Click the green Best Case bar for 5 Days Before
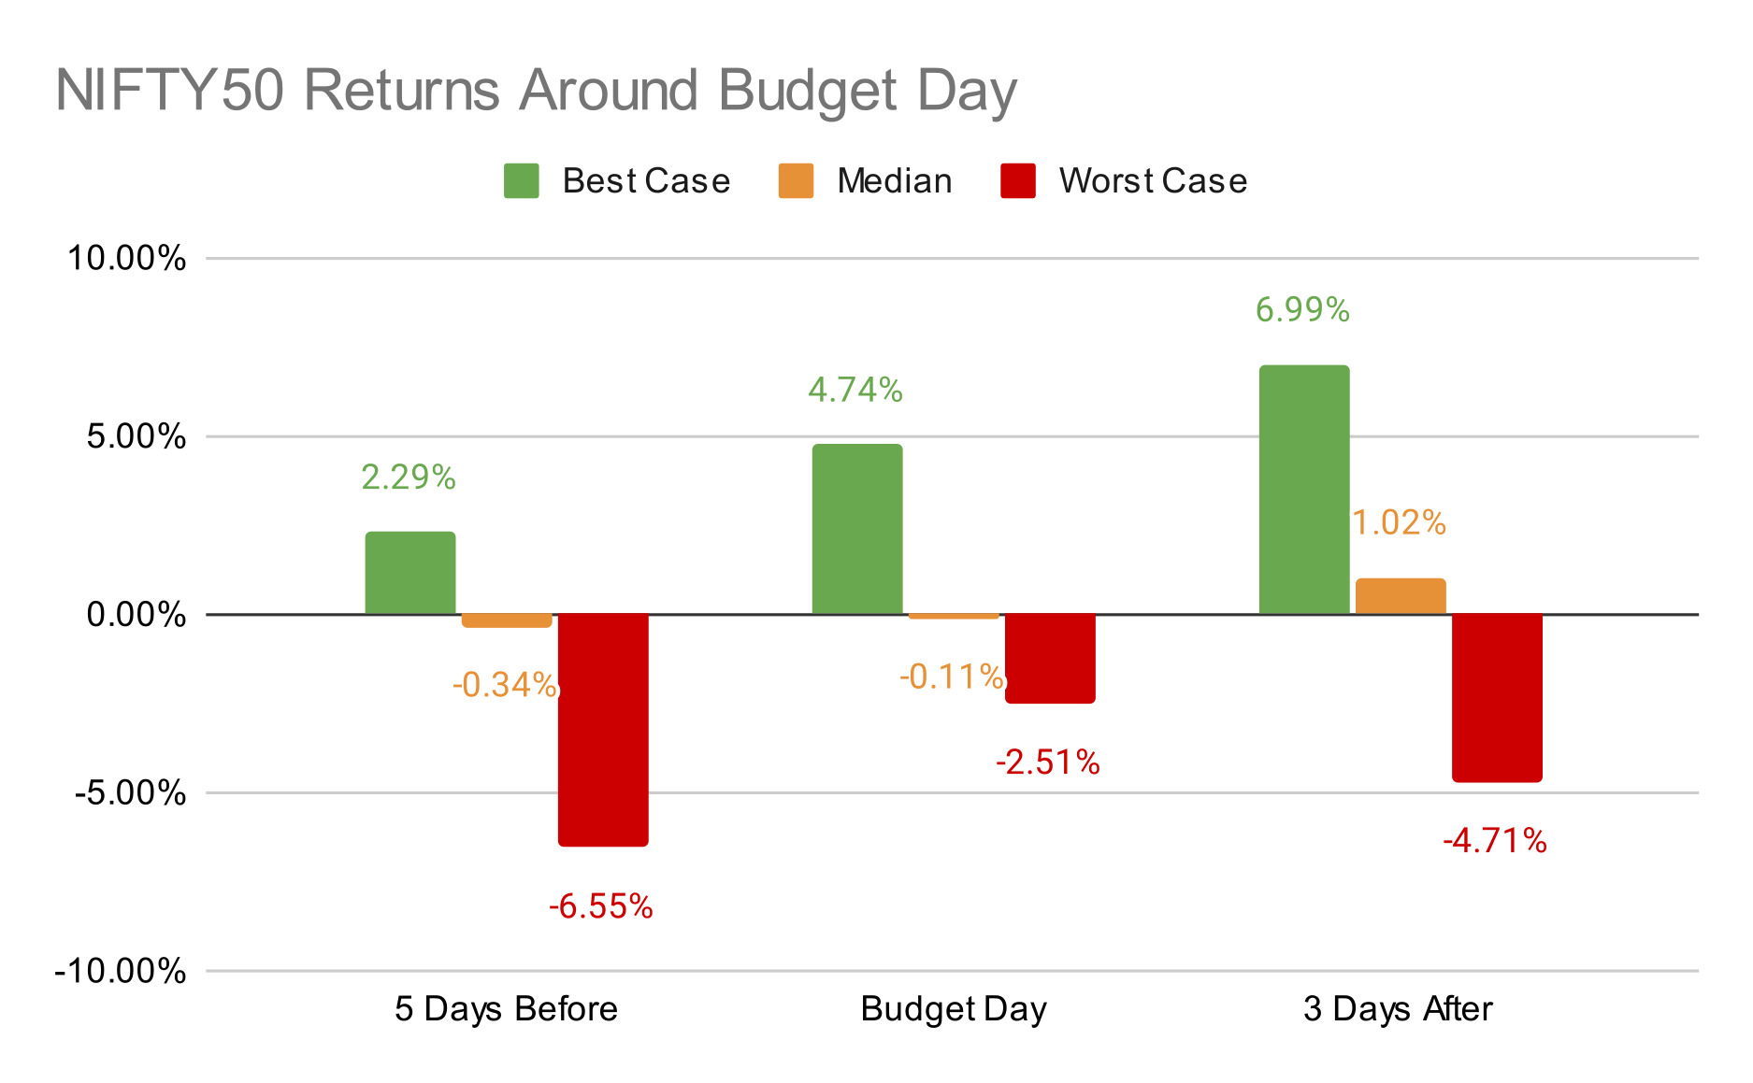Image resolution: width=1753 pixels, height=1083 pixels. pos(410,573)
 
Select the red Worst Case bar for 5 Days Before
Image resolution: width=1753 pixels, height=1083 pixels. pos(603,730)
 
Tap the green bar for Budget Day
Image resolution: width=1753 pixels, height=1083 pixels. pos(856,529)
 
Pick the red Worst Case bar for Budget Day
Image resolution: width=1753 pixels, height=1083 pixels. pos(1050,659)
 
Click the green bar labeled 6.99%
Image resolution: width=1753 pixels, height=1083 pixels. pos(1303,490)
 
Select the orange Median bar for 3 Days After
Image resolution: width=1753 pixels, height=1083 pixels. pos(1400,596)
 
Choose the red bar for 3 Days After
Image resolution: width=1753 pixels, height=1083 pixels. pos(1496,698)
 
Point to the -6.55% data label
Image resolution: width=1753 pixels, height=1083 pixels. pos(600,906)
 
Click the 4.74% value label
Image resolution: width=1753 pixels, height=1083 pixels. pos(855,390)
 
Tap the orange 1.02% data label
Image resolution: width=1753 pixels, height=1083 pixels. pos(1399,522)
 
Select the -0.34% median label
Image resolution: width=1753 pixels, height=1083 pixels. pos(505,685)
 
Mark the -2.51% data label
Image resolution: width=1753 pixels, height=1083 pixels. pos(1047,762)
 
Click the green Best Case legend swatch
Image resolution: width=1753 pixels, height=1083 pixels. pos(521,180)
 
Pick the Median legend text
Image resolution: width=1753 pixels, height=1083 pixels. pos(894,180)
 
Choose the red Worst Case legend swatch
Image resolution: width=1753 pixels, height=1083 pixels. pos(1017,180)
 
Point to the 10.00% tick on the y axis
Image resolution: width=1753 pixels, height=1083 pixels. pos(126,259)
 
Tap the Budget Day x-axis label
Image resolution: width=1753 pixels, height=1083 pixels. pos(953,1009)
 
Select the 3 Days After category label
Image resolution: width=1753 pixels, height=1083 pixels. pos(1398,1009)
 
